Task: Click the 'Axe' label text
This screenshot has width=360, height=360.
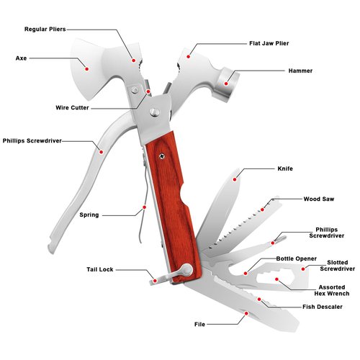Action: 21,58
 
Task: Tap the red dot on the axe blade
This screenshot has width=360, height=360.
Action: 87,69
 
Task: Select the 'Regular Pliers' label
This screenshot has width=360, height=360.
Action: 45,30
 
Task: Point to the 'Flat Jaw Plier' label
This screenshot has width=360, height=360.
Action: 269,43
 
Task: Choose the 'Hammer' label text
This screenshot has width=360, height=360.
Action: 300,71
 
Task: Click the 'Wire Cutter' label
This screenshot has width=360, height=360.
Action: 72,108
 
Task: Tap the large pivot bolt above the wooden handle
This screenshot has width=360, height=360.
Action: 155,112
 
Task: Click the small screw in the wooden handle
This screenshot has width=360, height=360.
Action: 162,156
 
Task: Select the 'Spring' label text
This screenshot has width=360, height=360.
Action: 89,215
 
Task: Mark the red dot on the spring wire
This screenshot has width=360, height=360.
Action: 144,207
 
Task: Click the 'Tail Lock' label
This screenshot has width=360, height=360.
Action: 100,269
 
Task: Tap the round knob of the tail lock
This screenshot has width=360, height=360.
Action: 187,270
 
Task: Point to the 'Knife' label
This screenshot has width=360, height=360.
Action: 285,168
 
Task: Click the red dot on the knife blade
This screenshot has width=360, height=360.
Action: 235,179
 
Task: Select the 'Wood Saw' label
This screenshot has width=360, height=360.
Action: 319,199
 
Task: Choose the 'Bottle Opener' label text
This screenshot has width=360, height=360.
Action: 297,258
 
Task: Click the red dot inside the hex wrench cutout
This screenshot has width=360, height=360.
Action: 276,279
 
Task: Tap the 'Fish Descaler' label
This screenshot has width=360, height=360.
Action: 323,307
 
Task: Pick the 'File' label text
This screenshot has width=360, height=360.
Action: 199,325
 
